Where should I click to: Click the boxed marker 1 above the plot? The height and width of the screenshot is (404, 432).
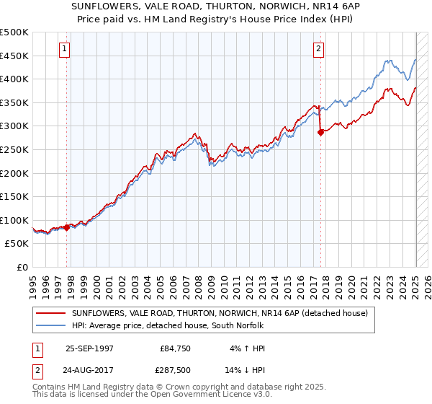tap(64, 49)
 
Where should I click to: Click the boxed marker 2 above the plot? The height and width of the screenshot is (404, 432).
tap(318, 49)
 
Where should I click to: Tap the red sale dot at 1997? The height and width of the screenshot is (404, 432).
tap(67, 227)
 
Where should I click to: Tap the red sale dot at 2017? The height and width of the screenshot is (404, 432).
tap(321, 132)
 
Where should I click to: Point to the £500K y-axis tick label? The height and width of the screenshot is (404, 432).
tap(14, 32)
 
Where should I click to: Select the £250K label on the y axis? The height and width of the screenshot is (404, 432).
tap(14, 149)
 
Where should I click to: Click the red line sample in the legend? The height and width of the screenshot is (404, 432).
tap(50, 313)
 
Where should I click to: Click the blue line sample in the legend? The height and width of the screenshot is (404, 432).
tap(50, 325)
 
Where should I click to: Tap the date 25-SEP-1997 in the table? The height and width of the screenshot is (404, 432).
tap(89, 348)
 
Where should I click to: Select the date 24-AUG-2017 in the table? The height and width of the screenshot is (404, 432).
tap(89, 371)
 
